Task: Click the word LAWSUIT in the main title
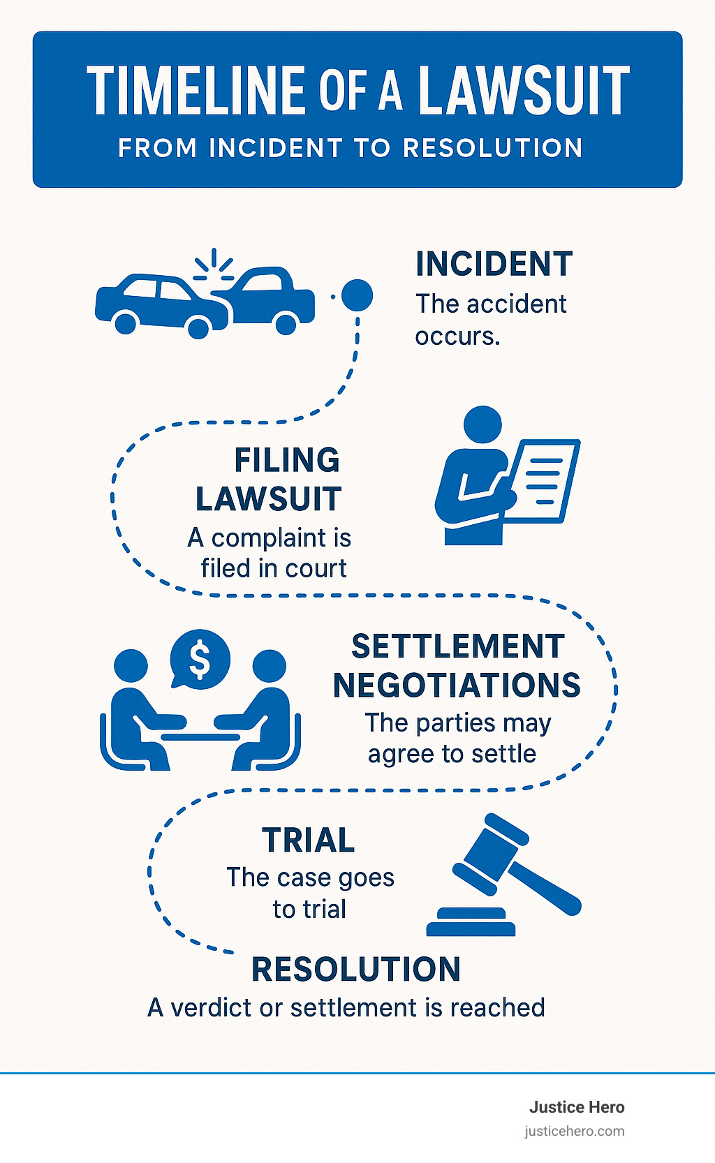[524, 91]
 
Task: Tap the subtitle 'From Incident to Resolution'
[351, 148]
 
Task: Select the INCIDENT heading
[494, 265]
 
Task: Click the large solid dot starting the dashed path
[357, 295]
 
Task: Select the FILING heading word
[287, 461]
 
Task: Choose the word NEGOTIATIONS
[457, 686]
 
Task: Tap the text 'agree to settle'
[452, 755]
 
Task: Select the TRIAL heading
[308, 840]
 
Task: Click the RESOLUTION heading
[356, 970]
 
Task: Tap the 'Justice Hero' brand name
[577, 1107]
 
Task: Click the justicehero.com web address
[575, 1132]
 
